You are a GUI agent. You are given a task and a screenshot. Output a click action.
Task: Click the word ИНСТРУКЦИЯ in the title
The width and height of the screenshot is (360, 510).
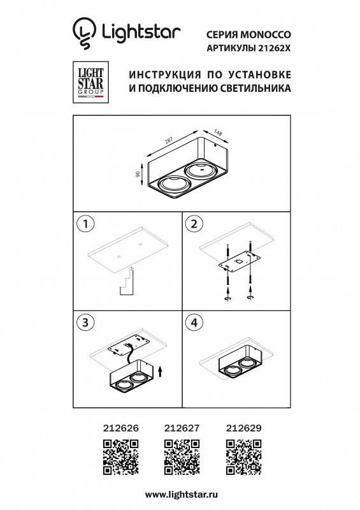pyautogui.click(x=162, y=73)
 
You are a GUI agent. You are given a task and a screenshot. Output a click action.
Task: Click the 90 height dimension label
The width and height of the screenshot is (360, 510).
pyautogui.click(x=138, y=175)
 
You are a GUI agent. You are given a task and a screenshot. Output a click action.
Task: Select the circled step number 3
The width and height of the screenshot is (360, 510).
pyautogui.click(x=85, y=323)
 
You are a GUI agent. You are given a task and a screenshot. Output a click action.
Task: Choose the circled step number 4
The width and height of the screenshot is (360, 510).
pyautogui.click(x=193, y=323)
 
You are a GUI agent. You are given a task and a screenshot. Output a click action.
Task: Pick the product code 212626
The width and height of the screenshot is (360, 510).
pyautogui.click(x=120, y=430)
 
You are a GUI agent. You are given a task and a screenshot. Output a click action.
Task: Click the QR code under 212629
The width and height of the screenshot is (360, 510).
pyautogui.click(x=241, y=457)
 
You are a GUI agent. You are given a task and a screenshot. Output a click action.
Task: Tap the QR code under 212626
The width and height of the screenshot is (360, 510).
pyautogui.click(x=120, y=457)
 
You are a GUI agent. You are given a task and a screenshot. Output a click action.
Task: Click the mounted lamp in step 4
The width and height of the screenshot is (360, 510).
pyautogui.click(x=237, y=366)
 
